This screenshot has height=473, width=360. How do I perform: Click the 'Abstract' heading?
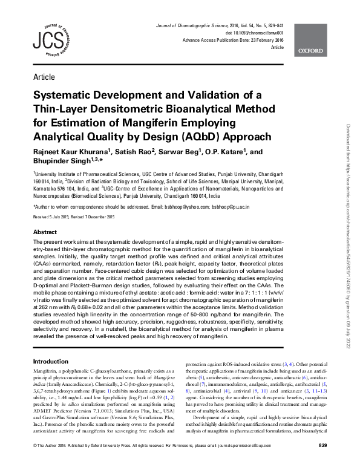[x=45, y=232]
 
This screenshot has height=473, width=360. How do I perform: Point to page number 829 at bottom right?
[x=322, y=463]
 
